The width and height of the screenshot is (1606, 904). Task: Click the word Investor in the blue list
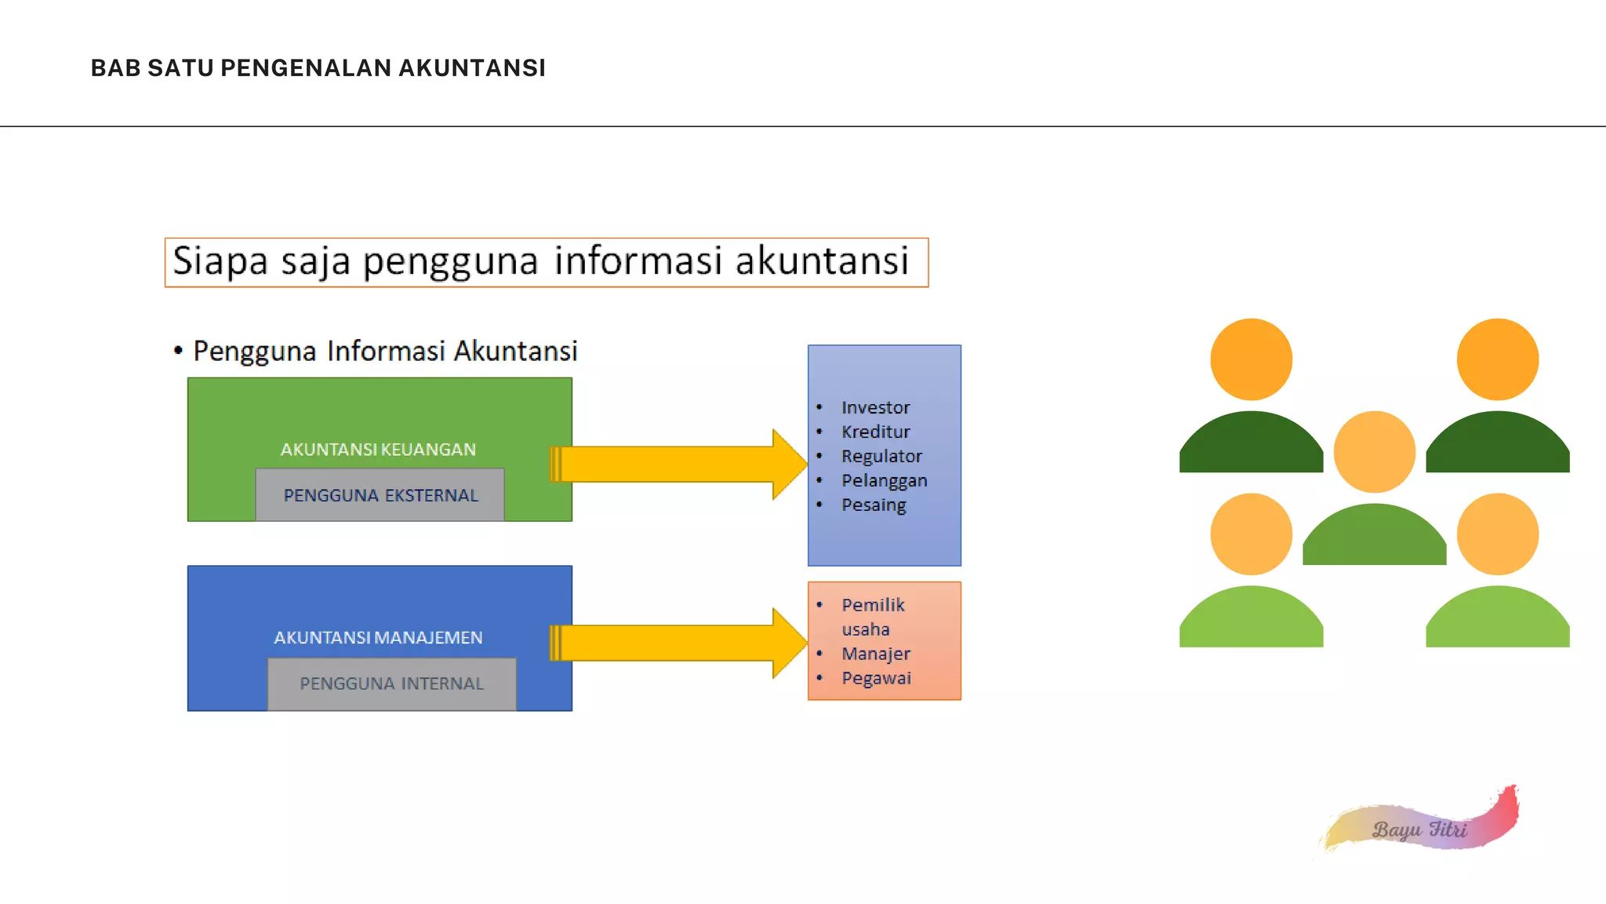(x=875, y=407)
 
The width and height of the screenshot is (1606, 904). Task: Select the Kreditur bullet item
(x=875, y=432)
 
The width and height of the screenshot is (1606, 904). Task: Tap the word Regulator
(x=881, y=456)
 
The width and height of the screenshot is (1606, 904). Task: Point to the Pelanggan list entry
(x=884, y=480)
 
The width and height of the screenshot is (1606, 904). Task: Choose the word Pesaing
(x=874, y=505)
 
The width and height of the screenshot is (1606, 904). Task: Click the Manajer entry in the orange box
(x=876, y=654)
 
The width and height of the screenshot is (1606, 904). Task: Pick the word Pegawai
(x=876, y=678)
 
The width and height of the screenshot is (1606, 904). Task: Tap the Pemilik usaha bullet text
(x=872, y=616)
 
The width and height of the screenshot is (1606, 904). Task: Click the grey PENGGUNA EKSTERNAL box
(x=380, y=495)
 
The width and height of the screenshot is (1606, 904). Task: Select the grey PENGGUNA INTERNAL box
(x=391, y=683)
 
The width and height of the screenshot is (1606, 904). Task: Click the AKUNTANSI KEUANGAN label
(x=378, y=450)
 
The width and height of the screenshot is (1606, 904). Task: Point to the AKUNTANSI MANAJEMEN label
(x=378, y=638)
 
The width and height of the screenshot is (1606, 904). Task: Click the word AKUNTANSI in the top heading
(x=471, y=68)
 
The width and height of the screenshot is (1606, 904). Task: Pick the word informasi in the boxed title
(x=637, y=261)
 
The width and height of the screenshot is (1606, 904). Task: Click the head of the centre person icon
(x=1374, y=452)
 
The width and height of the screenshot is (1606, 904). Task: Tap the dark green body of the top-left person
(x=1251, y=447)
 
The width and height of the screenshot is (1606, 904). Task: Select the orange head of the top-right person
(x=1497, y=359)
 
